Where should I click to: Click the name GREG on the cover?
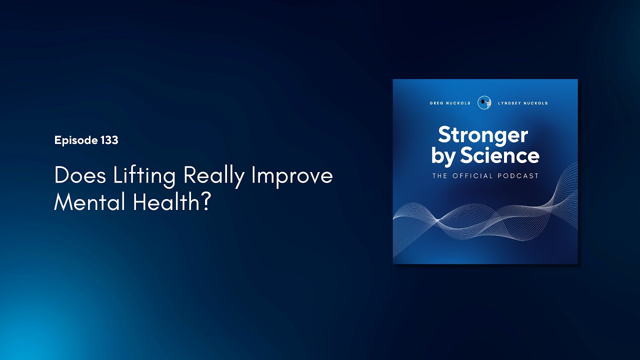click(x=436, y=103)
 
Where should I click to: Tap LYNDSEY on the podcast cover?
click(x=509, y=103)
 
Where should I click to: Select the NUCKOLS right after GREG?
click(x=458, y=103)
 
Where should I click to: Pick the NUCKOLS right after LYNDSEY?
click(x=535, y=103)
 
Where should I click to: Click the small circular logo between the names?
click(x=483, y=102)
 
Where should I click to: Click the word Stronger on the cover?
click(x=483, y=135)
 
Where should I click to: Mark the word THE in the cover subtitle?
click(x=440, y=176)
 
